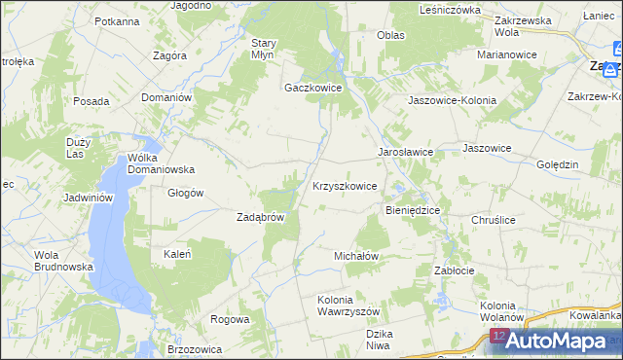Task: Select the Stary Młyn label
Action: [264, 49]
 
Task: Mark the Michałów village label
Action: [355, 255]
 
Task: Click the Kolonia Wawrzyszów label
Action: [347, 306]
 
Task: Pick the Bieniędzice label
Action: [414, 209]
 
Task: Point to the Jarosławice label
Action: [405, 153]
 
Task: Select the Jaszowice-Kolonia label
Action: [452, 100]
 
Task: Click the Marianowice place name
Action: [507, 54]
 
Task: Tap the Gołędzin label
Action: [559, 164]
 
